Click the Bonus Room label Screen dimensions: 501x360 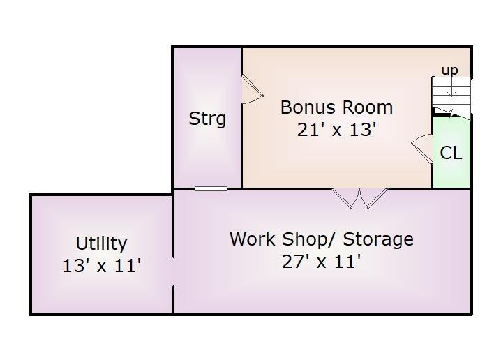pos(336,107)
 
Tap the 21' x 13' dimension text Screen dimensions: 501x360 pos(336,129)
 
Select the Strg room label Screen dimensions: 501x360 pos(207,119)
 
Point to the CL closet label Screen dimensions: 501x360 pos(451,153)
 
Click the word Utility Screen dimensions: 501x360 pos(101,243)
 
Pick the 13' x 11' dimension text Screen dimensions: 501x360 pos(102,265)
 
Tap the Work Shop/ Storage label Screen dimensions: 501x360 pos(322,239)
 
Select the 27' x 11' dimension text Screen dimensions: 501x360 pos(322,262)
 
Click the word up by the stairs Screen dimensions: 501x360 pos(449,70)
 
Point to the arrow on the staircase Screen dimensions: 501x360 pos(451,87)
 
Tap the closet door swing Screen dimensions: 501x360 pos(422,149)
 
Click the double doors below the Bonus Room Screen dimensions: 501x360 pos(359,198)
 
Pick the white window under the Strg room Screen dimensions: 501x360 pos(211,189)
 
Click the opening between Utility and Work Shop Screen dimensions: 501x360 pos(173,271)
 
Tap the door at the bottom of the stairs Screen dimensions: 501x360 pos(451,114)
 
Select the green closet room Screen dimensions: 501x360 pos(451,152)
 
